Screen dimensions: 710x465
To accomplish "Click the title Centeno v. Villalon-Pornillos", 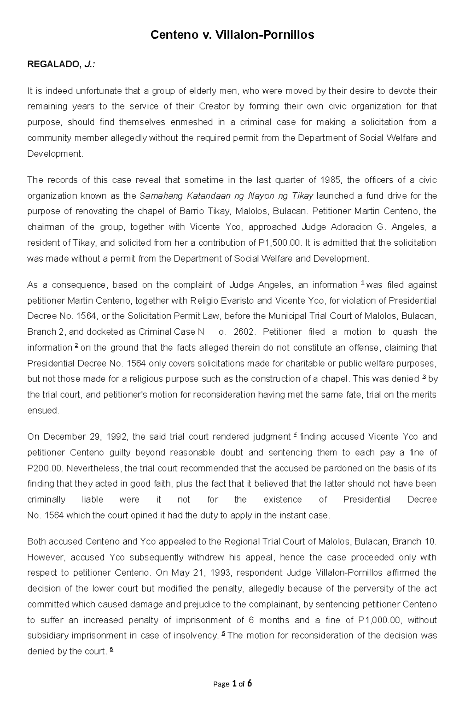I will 232,35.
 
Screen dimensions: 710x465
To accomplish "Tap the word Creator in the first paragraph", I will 214,106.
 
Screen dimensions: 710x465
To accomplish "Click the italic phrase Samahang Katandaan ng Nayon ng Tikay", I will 226,196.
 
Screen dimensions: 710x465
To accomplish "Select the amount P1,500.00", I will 279,243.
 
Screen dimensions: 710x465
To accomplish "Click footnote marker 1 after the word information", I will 362,284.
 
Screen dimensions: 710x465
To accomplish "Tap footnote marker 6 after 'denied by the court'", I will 112,650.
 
